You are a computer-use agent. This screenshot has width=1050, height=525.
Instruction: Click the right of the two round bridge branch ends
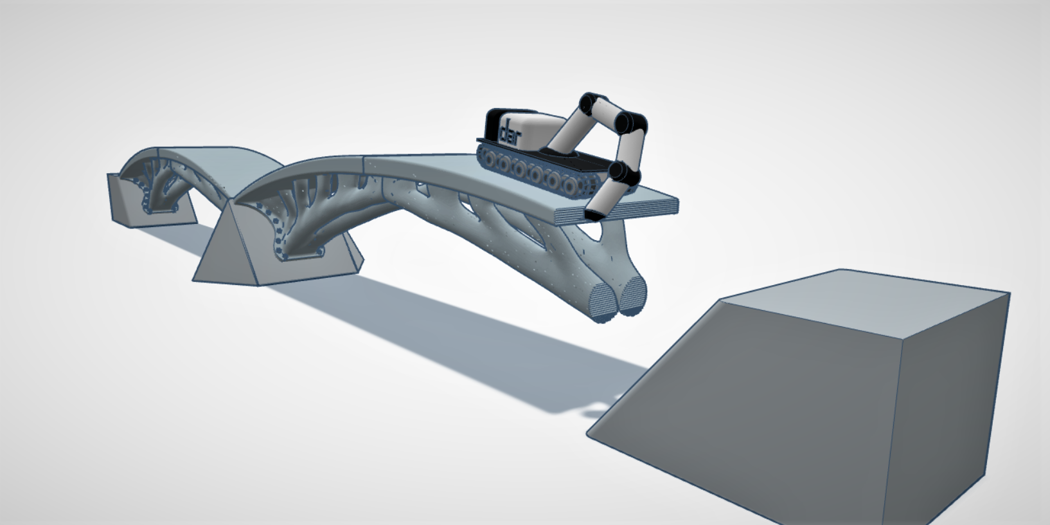coord(634,298)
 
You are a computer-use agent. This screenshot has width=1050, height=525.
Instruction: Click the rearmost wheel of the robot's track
coord(484,154)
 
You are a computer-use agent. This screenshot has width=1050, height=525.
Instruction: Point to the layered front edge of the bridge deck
coord(617,212)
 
